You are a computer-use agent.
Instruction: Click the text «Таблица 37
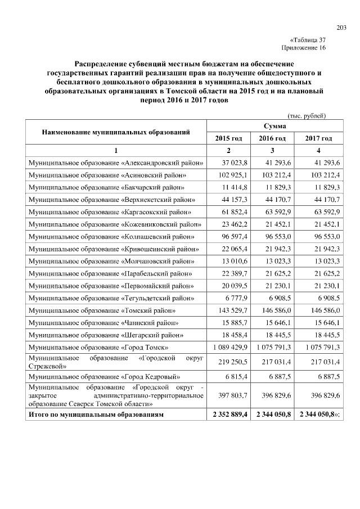click(x=308, y=40)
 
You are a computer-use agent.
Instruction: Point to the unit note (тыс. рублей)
click(x=307, y=115)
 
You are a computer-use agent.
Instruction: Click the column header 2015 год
click(x=228, y=138)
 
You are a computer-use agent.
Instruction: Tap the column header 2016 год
click(x=272, y=138)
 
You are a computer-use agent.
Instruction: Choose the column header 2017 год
click(x=318, y=138)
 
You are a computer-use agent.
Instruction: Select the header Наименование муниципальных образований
click(x=115, y=132)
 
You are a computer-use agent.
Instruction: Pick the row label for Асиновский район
click(x=112, y=175)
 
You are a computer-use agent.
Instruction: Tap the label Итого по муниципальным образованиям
click(x=96, y=415)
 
